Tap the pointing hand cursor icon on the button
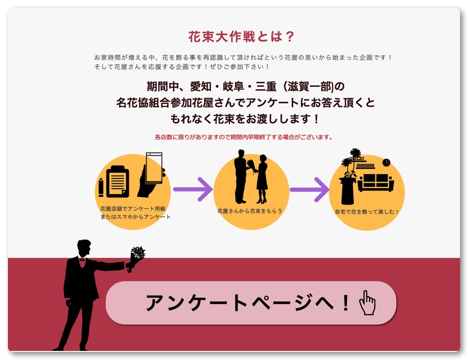[x=367, y=303]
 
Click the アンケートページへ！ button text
[x=248, y=303]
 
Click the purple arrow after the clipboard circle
[x=192, y=189]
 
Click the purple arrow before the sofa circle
[x=309, y=189]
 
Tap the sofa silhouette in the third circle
[x=375, y=183]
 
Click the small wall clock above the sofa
[x=386, y=163]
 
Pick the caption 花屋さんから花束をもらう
[x=250, y=211]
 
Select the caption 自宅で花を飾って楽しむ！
[x=367, y=212]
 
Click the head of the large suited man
[x=84, y=248]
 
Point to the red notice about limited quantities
[x=243, y=137]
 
